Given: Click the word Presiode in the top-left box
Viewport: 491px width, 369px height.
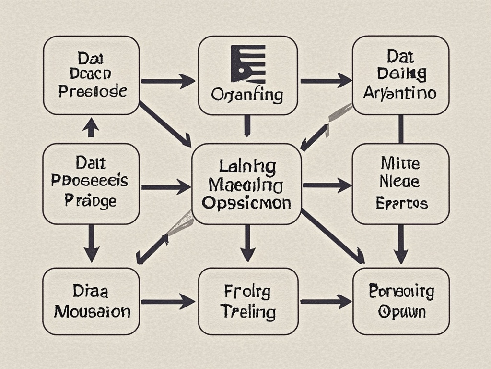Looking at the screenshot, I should pyautogui.click(x=93, y=91).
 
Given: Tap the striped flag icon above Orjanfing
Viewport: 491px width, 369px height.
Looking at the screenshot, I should pyautogui.click(x=248, y=63).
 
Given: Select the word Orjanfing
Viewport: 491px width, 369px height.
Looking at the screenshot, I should pyautogui.click(x=247, y=95).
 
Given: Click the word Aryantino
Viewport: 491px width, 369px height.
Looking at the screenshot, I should pyautogui.click(x=400, y=92).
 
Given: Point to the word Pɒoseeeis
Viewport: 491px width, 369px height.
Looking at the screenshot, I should pyautogui.click(x=90, y=181).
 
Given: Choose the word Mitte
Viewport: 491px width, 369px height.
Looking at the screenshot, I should pyautogui.click(x=400, y=163).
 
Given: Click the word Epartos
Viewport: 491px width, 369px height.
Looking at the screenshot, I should pyautogui.click(x=402, y=203).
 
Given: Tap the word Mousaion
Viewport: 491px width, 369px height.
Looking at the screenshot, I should pyautogui.click(x=92, y=311).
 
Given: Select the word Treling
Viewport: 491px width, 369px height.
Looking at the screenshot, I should pyautogui.click(x=248, y=312).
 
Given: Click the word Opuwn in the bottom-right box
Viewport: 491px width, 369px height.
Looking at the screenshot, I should pyautogui.click(x=401, y=312).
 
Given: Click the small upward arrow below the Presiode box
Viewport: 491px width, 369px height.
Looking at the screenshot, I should pyautogui.click(x=91, y=128).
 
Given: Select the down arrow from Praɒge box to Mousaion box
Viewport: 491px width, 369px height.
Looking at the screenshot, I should pyautogui.click(x=91, y=243).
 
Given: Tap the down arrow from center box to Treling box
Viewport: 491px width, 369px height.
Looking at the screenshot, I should pyautogui.click(x=247, y=243).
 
